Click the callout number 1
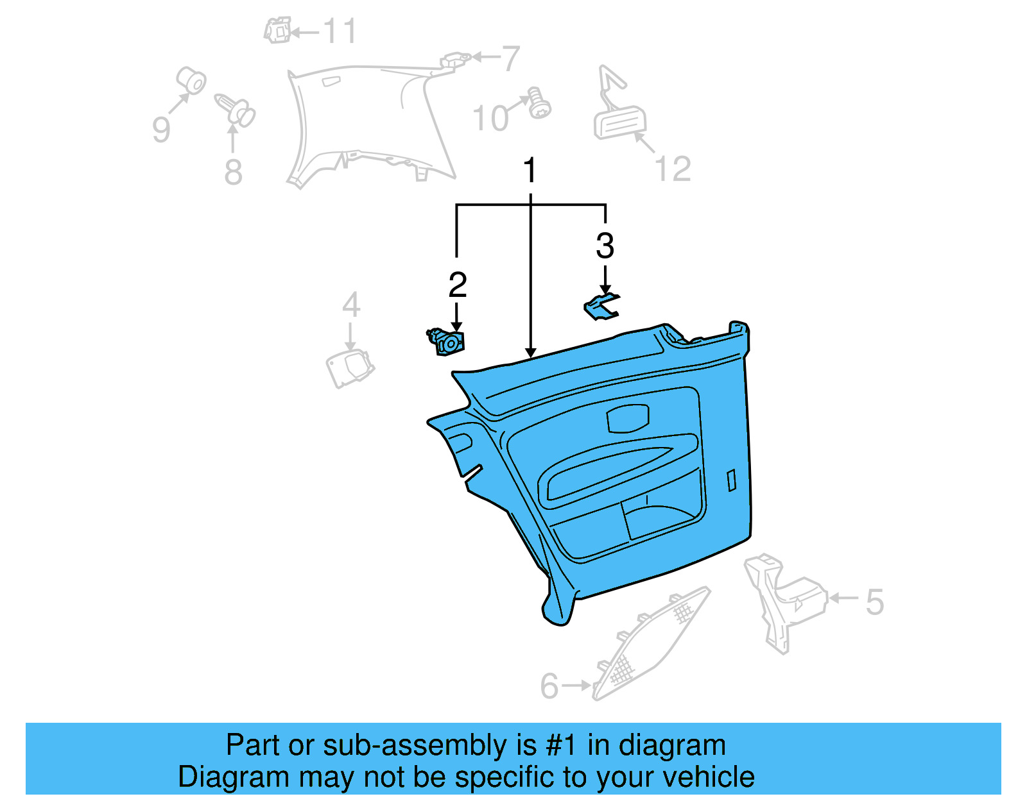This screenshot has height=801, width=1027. [530, 171]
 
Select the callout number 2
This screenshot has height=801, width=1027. [457, 285]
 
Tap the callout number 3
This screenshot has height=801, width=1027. [605, 246]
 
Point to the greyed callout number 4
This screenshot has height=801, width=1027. [350, 305]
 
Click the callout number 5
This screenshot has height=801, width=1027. [874, 602]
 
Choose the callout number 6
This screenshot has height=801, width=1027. [549, 686]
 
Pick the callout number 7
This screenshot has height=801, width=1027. [510, 59]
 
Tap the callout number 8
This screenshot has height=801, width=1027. [233, 172]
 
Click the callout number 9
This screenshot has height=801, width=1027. [161, 129]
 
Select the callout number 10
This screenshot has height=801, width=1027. [491, 118]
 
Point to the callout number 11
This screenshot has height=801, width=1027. [340, 31]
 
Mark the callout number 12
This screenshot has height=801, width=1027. [673, 169]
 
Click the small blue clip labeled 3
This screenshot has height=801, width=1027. [601, 307]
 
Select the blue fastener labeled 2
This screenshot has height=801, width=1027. [447, 342]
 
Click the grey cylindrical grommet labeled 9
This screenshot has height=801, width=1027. [191, 81]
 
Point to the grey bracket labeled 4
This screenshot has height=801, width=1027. [350, 368]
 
